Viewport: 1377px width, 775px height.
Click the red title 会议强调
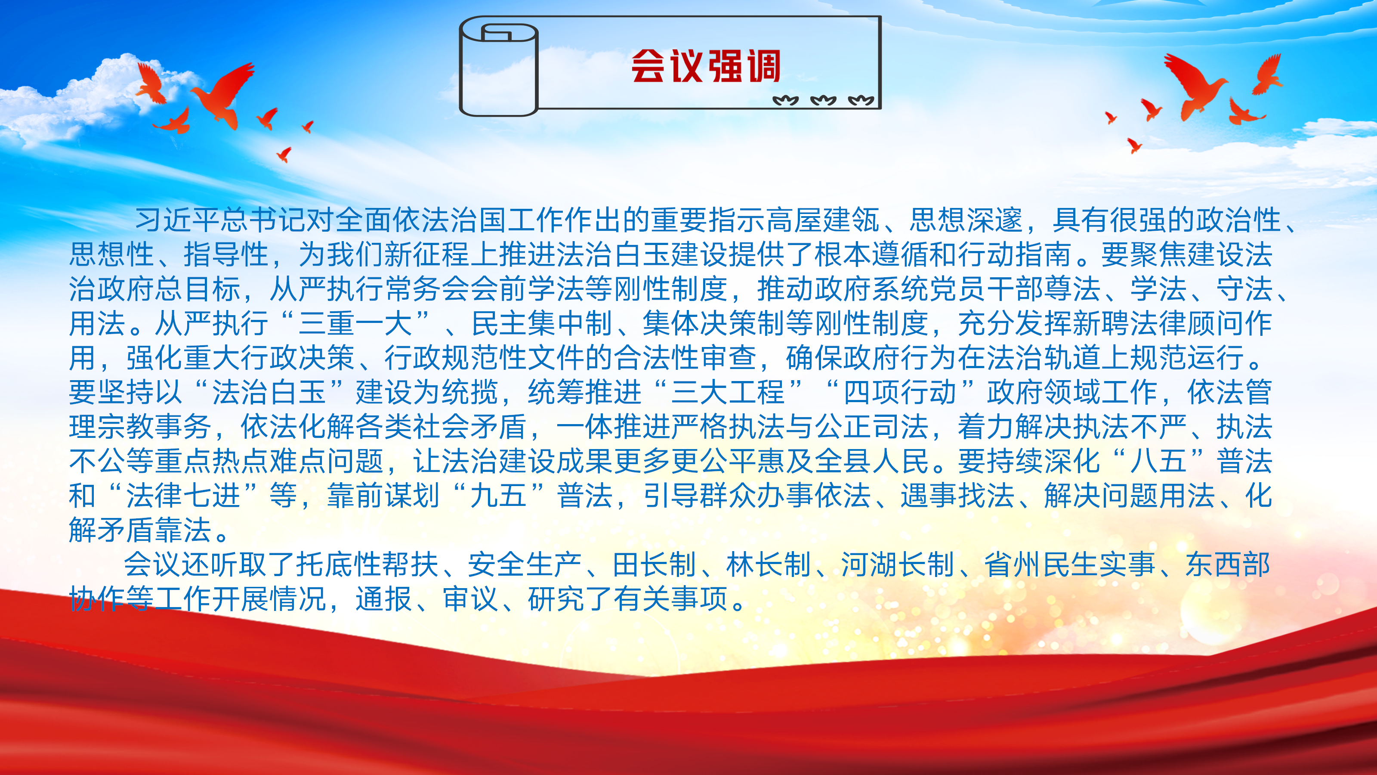706,66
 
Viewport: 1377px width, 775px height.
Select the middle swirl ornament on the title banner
823,100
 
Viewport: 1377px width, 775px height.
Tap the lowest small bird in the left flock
284,155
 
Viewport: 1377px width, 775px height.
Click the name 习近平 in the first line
177,220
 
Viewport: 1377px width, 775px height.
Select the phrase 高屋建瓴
822,220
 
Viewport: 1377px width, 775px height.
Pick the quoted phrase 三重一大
355,323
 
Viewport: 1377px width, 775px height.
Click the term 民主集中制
541,323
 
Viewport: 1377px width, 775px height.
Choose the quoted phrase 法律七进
183,495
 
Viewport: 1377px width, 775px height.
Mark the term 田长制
654,564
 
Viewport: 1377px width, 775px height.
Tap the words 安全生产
525,564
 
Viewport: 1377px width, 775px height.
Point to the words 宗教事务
154,426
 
